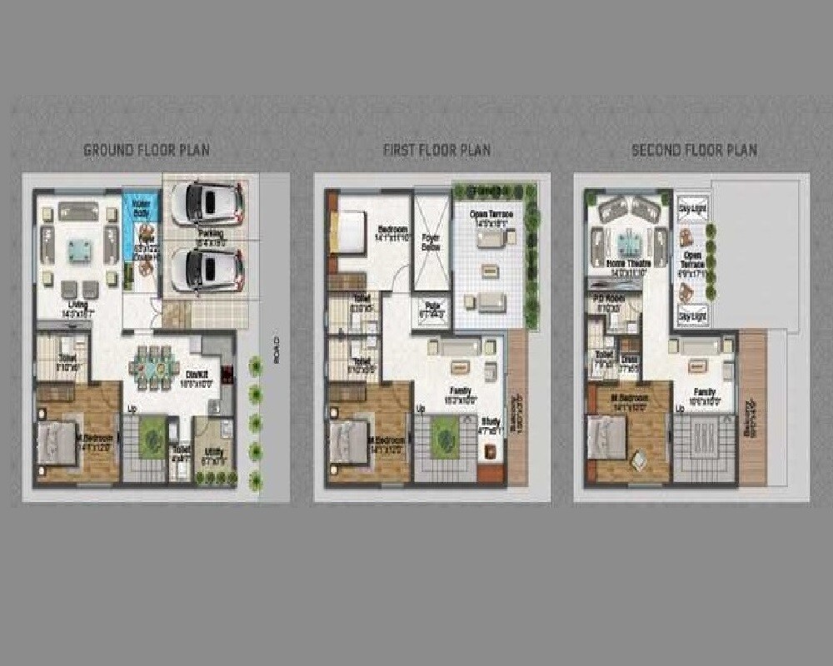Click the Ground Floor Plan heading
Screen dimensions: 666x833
(147, 151)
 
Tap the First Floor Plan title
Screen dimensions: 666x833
(436, 151)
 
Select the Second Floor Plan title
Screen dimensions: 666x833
(694, 151)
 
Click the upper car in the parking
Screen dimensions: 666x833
(207, 202)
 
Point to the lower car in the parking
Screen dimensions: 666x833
(207, 268)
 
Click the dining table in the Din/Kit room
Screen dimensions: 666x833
(152, 367)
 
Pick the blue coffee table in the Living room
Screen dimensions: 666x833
(79, 247)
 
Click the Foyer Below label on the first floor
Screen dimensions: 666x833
(431, 241)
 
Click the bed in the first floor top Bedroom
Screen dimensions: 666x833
(347, 232)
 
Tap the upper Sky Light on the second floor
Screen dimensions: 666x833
(692, 205)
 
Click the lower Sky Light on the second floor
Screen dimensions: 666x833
(692, 317)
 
